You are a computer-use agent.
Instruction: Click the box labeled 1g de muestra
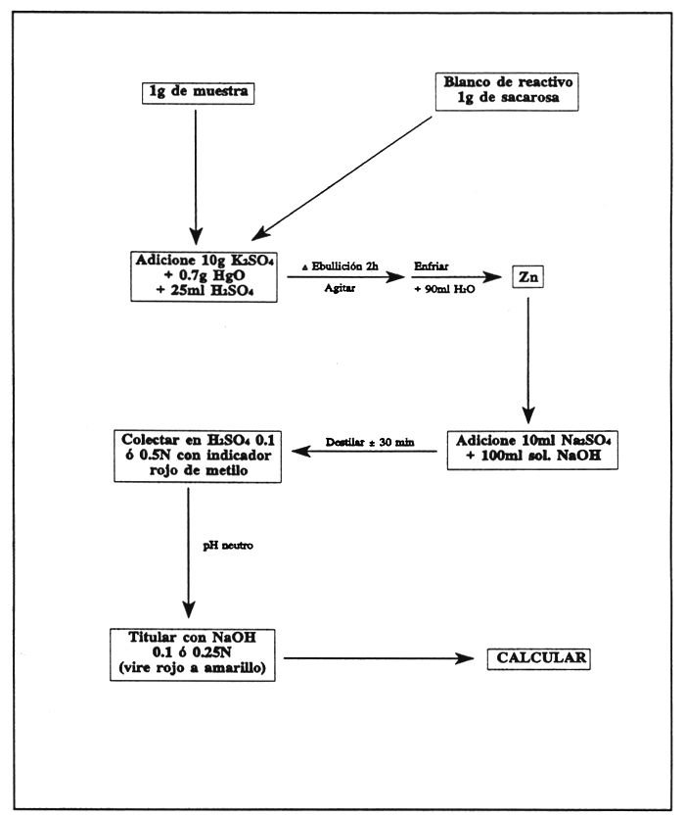coord(197,93)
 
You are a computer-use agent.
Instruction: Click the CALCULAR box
coord(538,658)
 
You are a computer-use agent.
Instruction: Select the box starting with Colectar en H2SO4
coord(197,452)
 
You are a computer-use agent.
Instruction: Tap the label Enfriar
coord(432,266)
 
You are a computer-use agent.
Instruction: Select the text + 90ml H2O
coord(441,291)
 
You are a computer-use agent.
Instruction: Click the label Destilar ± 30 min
coord(374,443)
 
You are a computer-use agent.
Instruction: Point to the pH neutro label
coord(229,545)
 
